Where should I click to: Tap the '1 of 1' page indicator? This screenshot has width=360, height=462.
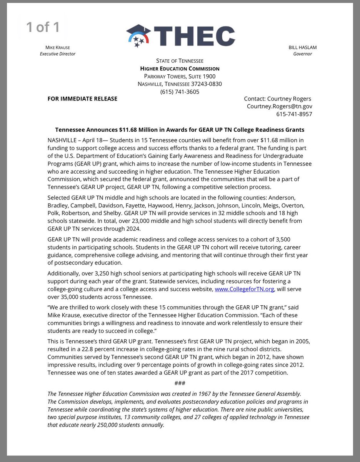[x=43, y=27]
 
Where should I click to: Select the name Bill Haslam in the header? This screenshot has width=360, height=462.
[x=302, y=47]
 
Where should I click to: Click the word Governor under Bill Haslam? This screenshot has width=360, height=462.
[x=302, y=54]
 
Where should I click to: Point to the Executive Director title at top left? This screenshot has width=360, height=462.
[x=58, y=54]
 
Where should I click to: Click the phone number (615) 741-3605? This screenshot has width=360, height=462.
[x=180, y=92]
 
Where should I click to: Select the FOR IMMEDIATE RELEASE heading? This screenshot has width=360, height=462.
[x=82, y=99]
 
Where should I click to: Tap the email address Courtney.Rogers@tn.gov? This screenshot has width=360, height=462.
[x=279, y=106]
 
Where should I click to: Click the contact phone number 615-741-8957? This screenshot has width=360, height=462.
[x=294, y=114]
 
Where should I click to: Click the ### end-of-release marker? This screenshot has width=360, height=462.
[x=180, y=383]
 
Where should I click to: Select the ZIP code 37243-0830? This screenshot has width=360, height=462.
[x=206, y=84]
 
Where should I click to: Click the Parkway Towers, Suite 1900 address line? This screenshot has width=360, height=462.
[x=180, y=76]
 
